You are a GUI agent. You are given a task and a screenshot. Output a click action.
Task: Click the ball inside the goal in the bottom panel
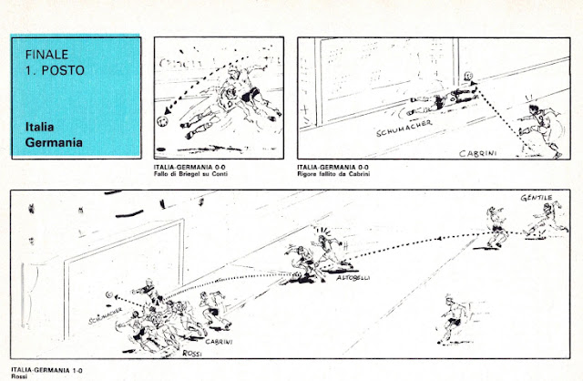[x=109, y=295]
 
